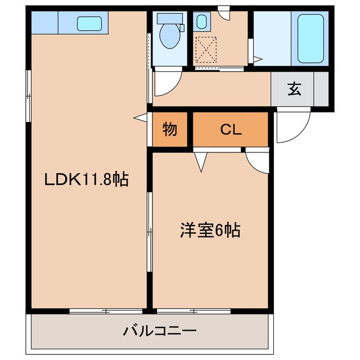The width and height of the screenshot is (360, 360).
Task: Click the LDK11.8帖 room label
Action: pyautogui.click(x=87, y=180)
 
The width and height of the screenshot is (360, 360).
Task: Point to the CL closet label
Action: pyautogui.click(x=231, y=130)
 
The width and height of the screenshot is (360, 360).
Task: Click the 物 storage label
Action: pyautogui.click(x=170, y=130)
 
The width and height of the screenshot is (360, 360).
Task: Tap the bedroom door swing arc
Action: pyautogui.click(x=258, y=162)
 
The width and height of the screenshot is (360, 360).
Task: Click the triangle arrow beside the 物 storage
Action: pyautogui.click(x=141, y=117)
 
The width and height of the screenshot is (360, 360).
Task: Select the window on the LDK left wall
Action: pyautogui.click(x=28, y=96)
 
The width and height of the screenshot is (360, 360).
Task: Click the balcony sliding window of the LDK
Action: pyautogui.click(x=106, y=310)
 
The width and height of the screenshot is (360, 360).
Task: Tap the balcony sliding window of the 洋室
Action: pyautogui.click(x=194, y=310)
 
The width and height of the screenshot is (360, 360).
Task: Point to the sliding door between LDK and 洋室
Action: pyautogui.click(x=149, y=231)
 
